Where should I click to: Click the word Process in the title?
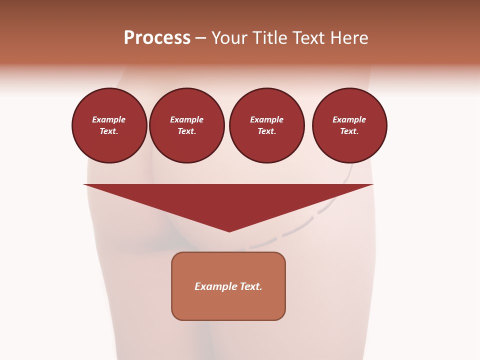pos(157,38)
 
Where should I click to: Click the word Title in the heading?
pos(269,38)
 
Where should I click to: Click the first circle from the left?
pos(109,125)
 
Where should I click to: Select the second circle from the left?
pos(187,125)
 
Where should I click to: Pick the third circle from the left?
pos(267,125)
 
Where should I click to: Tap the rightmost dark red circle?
pos(349,125)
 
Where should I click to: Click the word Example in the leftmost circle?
pos(109,119)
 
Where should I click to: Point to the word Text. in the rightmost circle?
pos(349,131)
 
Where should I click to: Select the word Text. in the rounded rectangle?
pos(251,286)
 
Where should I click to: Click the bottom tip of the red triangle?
pos(229,231)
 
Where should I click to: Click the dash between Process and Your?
pos(200,38)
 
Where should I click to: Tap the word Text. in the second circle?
pos(187,131)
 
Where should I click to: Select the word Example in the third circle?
pos(267,119)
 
